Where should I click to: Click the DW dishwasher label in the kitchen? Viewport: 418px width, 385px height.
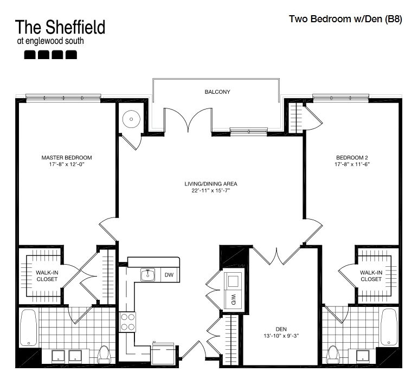tap(169, 274)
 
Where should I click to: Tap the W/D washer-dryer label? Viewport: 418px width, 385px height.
tap(233, 299)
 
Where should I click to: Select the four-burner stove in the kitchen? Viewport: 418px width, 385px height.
tap(127, 322)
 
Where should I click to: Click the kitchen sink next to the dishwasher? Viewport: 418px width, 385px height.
tap(147, 274)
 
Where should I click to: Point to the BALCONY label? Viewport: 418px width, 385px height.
tap(217, 92)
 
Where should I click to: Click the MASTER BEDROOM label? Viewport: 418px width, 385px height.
tap(67, 158)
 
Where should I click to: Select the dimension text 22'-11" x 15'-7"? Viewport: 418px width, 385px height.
tap(210, 190)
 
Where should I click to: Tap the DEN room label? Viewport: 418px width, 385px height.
tap(281, 329)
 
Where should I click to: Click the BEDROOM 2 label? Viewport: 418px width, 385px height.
tap(352, 158)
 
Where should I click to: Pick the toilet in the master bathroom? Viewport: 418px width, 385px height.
tap(104, 354)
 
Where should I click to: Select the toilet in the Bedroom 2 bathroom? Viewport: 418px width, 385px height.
tap(333, 354)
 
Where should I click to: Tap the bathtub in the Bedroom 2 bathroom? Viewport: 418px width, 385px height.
tap(389, 327)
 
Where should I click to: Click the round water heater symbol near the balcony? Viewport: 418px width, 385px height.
tap(131, 119)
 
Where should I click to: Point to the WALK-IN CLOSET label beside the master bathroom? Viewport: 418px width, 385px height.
tap(47, 275)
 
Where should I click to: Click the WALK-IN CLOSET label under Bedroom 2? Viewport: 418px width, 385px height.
tap(371, 275)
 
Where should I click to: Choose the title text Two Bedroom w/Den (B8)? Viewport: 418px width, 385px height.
tap(345, 19)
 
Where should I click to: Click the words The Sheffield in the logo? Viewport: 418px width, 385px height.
tap(60, 27)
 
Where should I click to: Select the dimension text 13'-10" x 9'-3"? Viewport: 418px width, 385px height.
tap(281, 336)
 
